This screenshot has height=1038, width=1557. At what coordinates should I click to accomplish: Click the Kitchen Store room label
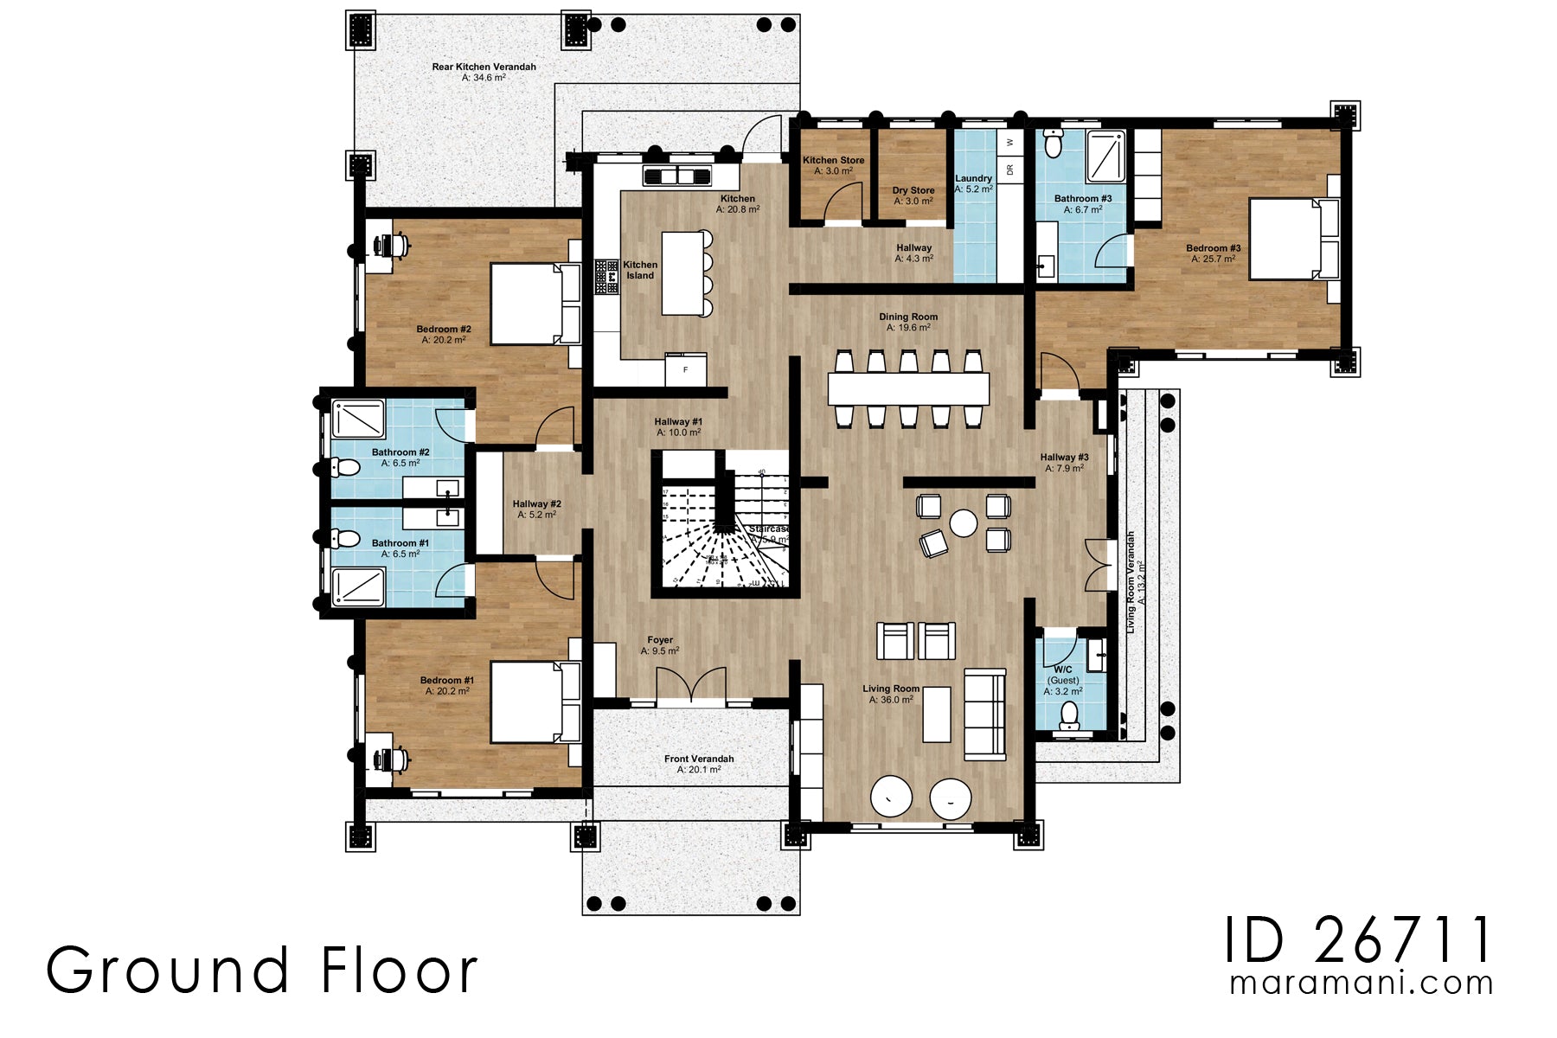(833, 165)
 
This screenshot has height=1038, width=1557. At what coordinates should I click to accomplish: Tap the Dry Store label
(913, 195)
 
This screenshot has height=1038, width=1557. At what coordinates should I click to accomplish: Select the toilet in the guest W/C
(1070, 714)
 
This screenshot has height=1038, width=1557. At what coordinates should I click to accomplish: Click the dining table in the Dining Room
(908, 389)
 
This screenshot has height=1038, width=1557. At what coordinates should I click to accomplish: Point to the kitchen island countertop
(683, 272)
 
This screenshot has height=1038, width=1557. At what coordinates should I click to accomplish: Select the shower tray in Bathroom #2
(358, 419)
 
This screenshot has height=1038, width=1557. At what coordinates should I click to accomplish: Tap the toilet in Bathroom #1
(346, 539)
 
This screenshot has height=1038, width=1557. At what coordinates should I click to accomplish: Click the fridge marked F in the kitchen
(686, 369)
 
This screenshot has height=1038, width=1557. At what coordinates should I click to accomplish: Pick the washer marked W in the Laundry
(1009, 142)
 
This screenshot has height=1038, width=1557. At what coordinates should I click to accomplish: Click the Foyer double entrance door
(691, 686)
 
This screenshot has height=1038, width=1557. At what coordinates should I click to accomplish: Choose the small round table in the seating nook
(963, 522)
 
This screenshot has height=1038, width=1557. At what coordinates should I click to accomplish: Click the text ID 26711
(1358, 940)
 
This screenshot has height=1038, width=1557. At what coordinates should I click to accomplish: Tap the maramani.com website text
(1361, 984)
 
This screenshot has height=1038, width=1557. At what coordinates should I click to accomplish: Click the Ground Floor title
(261, 971)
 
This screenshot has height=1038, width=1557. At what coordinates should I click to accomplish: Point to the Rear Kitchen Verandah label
(484, 72)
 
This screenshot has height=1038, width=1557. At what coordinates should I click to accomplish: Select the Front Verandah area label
(699, 764)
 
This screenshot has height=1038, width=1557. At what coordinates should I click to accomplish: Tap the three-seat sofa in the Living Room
(985, 714)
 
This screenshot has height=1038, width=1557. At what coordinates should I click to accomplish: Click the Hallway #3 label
(1064, 462)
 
